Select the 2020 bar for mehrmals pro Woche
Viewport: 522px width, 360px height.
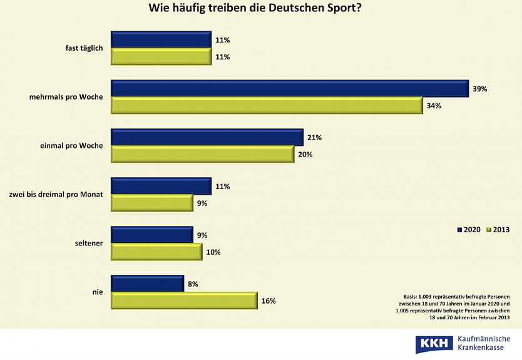click(x=289, y=89)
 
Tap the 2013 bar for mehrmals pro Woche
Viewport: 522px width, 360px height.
click(x=266, y=106)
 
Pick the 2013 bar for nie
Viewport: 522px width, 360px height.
click(x=183, y=301)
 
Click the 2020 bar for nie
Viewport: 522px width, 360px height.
click(x=147, y=284)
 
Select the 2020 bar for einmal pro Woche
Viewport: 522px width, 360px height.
click(x=207, y=138)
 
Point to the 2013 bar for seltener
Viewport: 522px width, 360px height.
click(x=156, y=252)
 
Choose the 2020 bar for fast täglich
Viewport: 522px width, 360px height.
click(x=161, y=40)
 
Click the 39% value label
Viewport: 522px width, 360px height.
click(x=480, y=89)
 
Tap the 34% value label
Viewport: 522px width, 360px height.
click(x=434, y=106)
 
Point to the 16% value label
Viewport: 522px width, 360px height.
click(x=268, y=301)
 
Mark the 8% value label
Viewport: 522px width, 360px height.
click(x=193, y=284)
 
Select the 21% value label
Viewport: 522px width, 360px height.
click(x=314, y=138)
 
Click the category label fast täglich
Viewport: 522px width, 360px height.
click(x=84, y=48)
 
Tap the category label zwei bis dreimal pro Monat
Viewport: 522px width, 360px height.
click(x=56, y=195)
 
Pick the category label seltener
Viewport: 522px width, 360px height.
click(x=88, y=244)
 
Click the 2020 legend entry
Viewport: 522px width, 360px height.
click(x=469, y=230)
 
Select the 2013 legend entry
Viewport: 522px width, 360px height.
click(x=498, y=230)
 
